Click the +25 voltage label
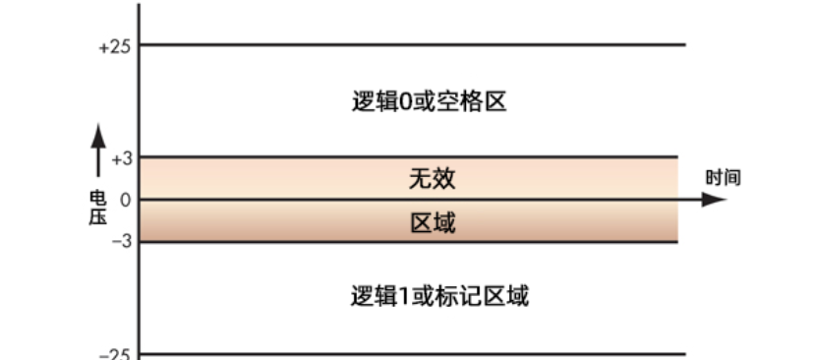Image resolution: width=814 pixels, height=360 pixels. click(x=115, y=45)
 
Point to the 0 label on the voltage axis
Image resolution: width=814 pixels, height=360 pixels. click(x=124, y=200)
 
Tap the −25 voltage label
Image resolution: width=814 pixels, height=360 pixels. click(x=115, y=354)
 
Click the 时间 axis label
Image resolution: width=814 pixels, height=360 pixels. click(x=723, y=178)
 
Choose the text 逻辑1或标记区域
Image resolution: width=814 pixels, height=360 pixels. click(x=439, y=296)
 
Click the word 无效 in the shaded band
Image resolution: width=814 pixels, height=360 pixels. click(x=433, y=179)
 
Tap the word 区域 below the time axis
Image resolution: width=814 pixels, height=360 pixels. click(x=433, y=223)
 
